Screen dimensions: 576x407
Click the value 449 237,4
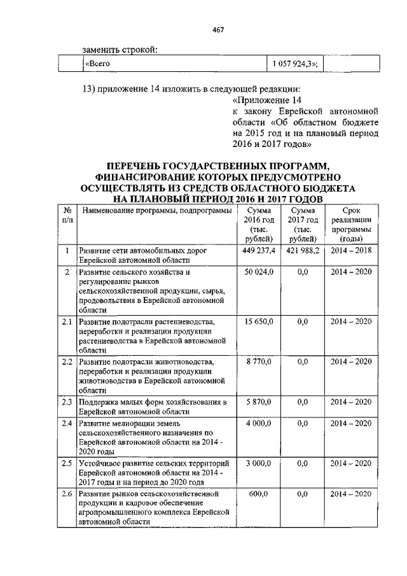(x=258, y=251)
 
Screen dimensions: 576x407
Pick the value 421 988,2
(x=301, y=251)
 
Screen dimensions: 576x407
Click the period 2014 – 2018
(x=351, y=251)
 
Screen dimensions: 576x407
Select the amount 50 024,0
(x=258, y=272)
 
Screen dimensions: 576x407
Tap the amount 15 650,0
(x=258, y=321)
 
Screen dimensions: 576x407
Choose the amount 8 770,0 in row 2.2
(x=258, y=362)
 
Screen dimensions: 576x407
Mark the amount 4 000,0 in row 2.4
(x=258, y=423)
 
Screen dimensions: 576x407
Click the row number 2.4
(x=66, y=423)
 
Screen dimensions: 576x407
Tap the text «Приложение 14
(x=266, y=101)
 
